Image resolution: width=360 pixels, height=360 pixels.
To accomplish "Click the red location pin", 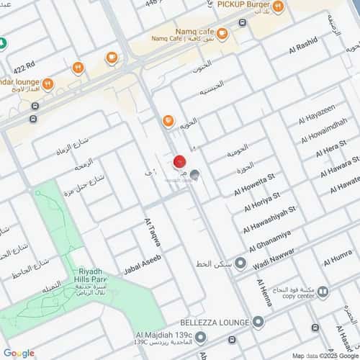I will point(180,163).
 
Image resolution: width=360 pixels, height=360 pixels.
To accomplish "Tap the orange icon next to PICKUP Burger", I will point(278,7).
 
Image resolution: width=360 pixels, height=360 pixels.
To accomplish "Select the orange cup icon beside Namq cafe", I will point(222,33).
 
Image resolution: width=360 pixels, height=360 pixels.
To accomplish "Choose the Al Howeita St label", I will point(255,184).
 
